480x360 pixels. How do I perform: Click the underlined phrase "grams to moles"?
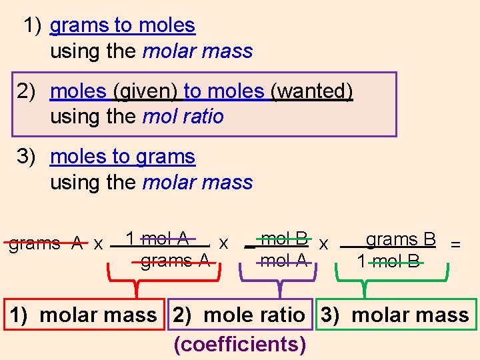pyautogui.click(x=123, y=25)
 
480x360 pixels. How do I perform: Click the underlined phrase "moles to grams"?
pyautogui.click(x=123, y=157)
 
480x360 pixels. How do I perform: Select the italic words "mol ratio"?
pyautogui.click(x=183, y=116)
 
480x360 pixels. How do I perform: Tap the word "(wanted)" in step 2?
pyautogui.click(x=311, y=91)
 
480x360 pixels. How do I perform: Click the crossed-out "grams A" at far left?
pyautogui.click(x=45, y=243)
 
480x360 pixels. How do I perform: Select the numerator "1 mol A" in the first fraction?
pyautogui.click(x=157, y=238)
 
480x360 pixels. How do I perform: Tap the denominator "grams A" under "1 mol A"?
pyautogui.click(x=175, y=261)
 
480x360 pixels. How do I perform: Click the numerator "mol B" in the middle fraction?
pyautogui.click(x=285, y=238)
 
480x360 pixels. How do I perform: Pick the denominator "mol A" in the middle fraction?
pyautogui.click(x=284, y=261)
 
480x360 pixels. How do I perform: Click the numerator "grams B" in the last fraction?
pyautogui.click(x=401, y=239)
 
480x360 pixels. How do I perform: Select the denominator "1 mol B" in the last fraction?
pyautogui.click(x=389, y=261)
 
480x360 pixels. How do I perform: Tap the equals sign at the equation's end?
pyautogui.click(x=455, y=244)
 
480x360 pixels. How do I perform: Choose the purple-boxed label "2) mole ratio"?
pyautogui.click(x=239, y=315)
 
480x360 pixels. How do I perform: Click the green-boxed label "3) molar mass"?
pyautogui.click(x=395, y=315)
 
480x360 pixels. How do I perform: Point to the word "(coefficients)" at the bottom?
pyautogui.click(x=240, y=344)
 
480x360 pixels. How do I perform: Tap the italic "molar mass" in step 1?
pyautogui.click(x=198, y=51)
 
